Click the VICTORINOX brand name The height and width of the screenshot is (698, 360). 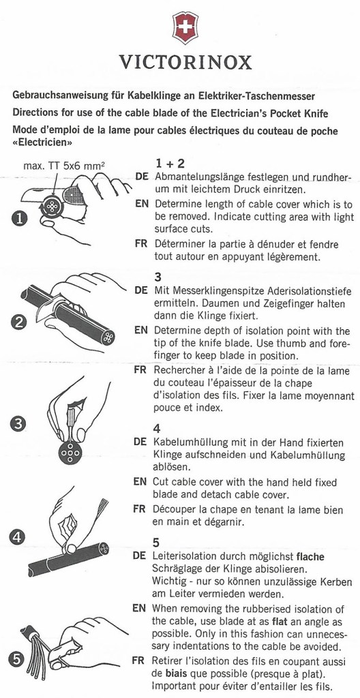pos(181,63)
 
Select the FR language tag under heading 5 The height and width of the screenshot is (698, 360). pos(141,661)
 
